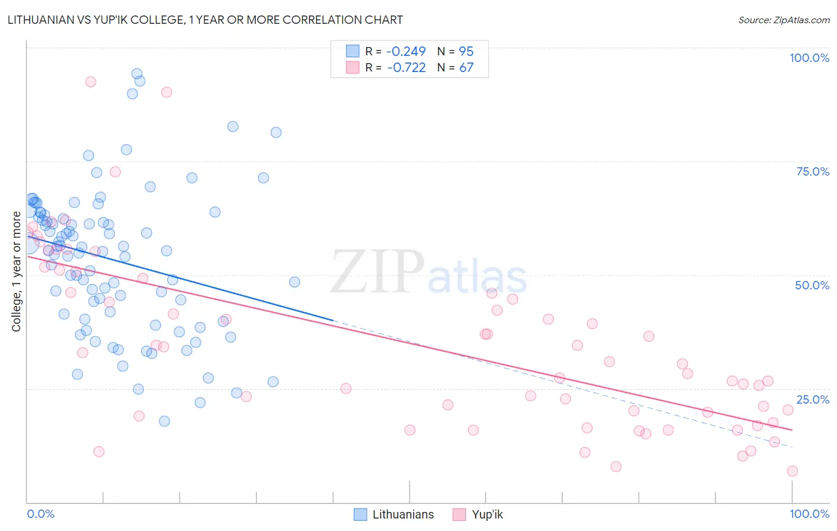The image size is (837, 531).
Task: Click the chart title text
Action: coord(205,20)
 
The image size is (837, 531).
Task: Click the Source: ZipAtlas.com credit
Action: coord(783,20)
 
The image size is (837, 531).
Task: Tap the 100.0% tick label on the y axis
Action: coord(809,58)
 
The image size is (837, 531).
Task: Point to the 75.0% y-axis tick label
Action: coord(813,171)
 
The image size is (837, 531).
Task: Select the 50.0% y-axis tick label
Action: coord(812,285)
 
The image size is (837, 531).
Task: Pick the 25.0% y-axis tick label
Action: coord(813,399)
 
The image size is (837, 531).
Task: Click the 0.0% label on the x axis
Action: coord(40,514)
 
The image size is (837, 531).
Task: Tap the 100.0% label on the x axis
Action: coord(809,514)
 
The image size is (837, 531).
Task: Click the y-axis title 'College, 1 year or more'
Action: coord(17,271)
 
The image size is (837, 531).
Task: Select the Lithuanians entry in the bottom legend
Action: coord(403,514)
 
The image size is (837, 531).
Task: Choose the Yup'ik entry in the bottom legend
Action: coord(487,514)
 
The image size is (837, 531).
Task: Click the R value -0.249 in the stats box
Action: coord(406,51)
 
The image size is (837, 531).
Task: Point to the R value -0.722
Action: coord(406,67)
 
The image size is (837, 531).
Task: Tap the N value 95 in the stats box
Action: coord(466,51)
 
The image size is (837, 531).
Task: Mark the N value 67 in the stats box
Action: coord(466,67)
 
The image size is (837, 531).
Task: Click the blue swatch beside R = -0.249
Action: coord(353,51)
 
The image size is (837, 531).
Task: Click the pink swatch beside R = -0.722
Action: coord(353,67)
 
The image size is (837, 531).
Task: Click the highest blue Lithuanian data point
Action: coord(137,74)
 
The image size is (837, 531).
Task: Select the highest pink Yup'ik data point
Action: coord(90,82)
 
